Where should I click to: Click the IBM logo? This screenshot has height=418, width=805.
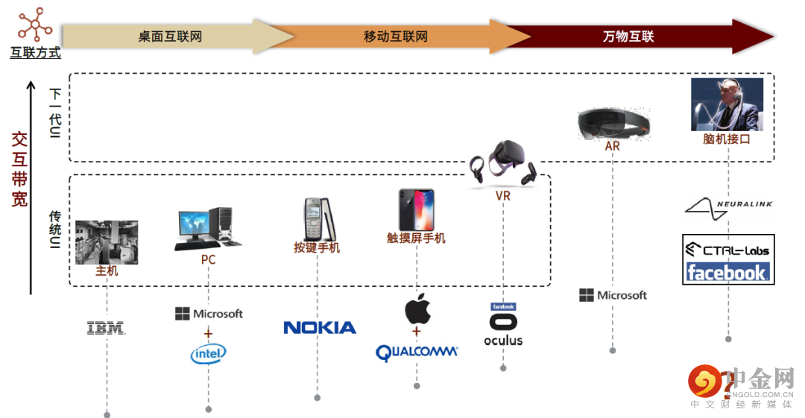point(106,328)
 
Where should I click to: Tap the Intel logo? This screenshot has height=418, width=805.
point(209,354)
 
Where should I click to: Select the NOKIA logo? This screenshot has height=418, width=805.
point(319,328)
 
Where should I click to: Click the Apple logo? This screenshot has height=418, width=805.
point(417,308)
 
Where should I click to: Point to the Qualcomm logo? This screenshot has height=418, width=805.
point(417,352)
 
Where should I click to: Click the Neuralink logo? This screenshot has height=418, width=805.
point(728,209)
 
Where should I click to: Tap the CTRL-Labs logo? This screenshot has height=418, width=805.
point(728,250)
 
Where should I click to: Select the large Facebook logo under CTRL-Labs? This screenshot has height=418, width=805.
point(728,272)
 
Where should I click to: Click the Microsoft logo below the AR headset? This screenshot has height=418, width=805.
point(613,295)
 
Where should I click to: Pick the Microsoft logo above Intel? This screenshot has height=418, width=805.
point(209,314)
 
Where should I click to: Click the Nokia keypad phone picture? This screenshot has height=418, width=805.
point(319,219)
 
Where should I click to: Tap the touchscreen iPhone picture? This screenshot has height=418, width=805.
point(417,210)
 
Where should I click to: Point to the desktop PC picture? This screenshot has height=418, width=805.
point(208,229)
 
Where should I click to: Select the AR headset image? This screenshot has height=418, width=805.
point(613,124)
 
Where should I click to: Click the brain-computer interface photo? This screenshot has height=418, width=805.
point(727,105)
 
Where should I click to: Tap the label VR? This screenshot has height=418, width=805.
point(503,196)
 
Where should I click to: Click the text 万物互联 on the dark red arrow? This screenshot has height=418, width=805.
point(628,37)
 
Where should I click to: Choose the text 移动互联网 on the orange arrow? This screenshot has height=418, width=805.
point(396,37)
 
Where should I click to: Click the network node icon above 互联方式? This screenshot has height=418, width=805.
point(35,24)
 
